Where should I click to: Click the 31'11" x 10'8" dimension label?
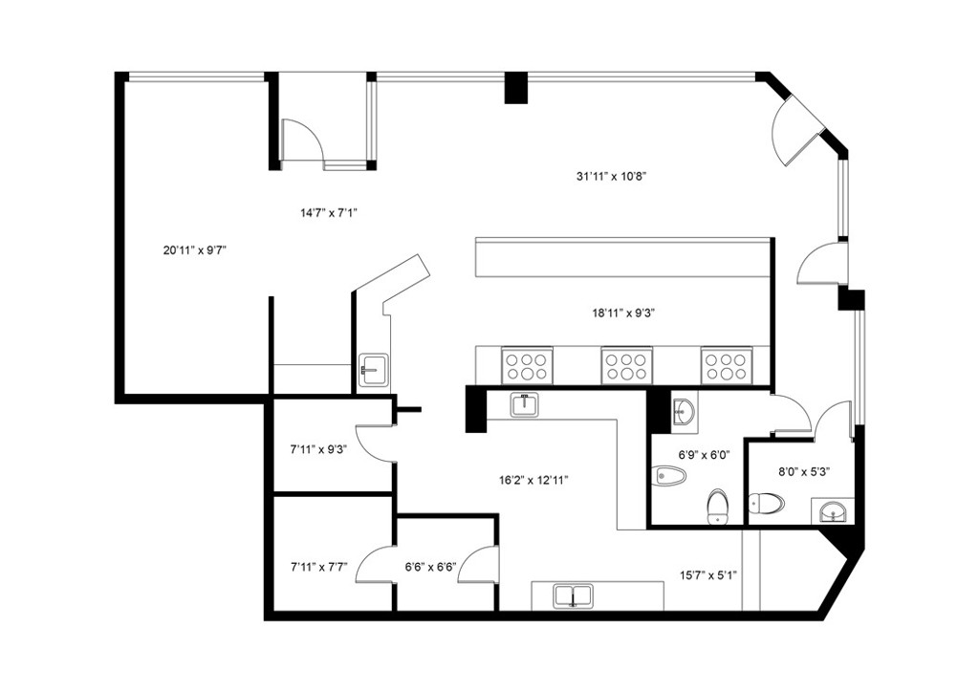point(611,177)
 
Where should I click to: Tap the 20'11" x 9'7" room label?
point(194,250)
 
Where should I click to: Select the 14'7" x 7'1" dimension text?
point(329,213)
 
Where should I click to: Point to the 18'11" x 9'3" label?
point(622,314)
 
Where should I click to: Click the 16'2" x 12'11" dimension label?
point(533,481)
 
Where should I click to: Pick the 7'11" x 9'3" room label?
point(318,448)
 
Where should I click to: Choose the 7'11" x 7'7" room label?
point(318,567)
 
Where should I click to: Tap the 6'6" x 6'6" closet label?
point(431,567)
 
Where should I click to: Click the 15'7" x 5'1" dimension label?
point(708,574)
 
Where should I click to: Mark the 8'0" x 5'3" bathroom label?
point(804,472)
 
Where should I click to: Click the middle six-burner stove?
point(626,366)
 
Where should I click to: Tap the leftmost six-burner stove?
point(527,366)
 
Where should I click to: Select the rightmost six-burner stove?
point(727,366)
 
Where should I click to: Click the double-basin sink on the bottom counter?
point(573,595)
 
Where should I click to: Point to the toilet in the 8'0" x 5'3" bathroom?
point(766,503)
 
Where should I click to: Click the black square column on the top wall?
point(516,88)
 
